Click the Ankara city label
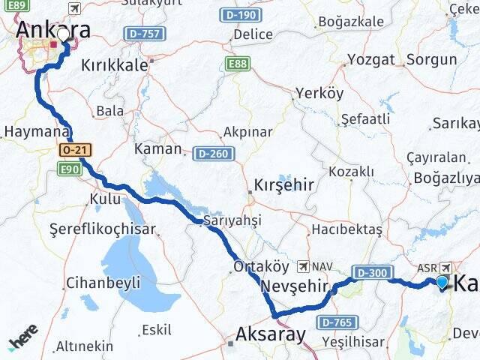pos(52,30)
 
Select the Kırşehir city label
pos(283,184)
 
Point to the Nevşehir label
pos(295,286)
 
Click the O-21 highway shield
pos(75,150)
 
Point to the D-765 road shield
pos(334,322)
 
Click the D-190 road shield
pos(240,15)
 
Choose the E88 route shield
pos(238,64)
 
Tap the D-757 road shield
pos(144,34)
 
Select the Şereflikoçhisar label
pos(103,230)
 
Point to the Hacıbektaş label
pos(346,228)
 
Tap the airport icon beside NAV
pos(303,266)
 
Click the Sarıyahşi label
pos(232,220)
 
